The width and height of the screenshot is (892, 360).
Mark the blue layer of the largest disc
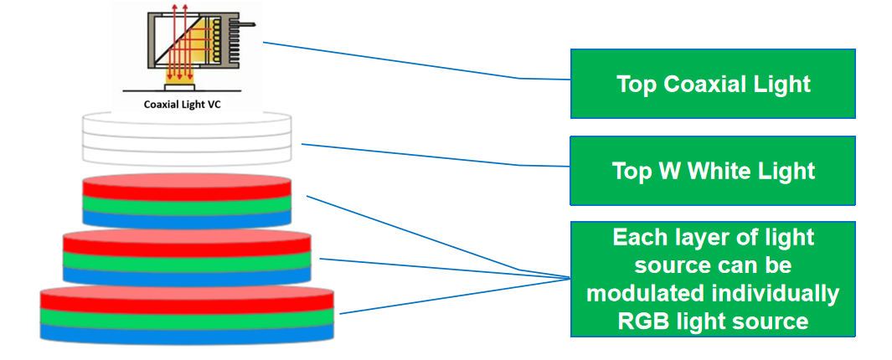coord(188,332)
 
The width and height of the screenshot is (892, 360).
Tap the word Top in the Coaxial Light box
coord(637,84)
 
